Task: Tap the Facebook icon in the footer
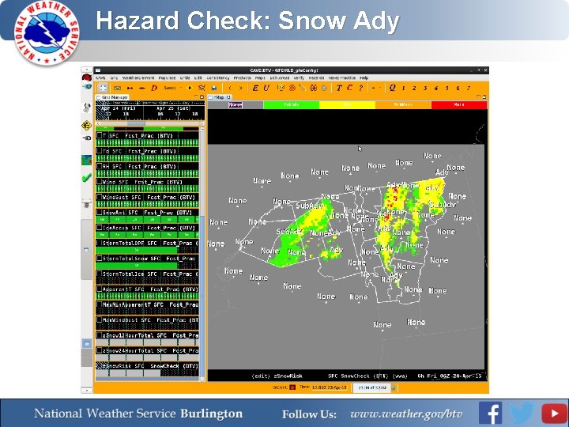pyautogui.click(x=490, y=413)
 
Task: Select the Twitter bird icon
pyautogui.click(x=522, y=413)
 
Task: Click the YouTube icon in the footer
pyautogui.click(x=554, y=413)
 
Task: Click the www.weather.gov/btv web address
pyautogui.click(x=406, y=414)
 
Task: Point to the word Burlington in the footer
pyautogui.click(x=211, y=414)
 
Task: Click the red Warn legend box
pyautogui.click(x=459, y=104)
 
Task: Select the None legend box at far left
pyautogui.click(x=236, y=104)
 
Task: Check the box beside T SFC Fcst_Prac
pyautogui.click(x=100, y=136)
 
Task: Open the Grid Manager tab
pyautogui.click(x=115, y=97)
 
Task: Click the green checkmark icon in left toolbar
pyautogui.click(x=86, y=179)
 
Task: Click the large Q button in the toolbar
pyautogui.click(x=392, y=88)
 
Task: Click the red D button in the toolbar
pyautogui.click(x=154, y=88)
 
